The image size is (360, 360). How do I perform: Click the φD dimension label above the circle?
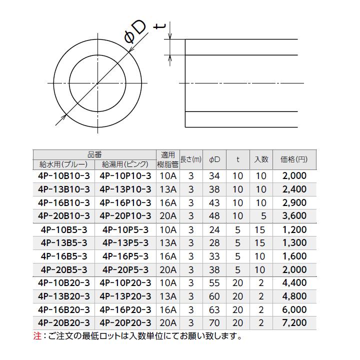[x=135, y=32]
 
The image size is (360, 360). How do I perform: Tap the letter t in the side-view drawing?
[x=159, y=26]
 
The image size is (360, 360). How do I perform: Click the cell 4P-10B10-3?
[x=64, y=176]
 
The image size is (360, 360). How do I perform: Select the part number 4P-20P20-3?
[x=125, y=323]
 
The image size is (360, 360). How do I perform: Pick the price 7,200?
[x=294, y=323]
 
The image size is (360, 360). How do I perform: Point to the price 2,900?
[x=294, y=202]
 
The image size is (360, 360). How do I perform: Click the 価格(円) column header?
[x=294, y=159]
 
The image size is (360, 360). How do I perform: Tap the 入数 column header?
[x=261, y=159]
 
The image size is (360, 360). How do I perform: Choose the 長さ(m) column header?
[x=191, y=159]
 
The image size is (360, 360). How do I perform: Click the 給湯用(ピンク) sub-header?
[x=125, y=164]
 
